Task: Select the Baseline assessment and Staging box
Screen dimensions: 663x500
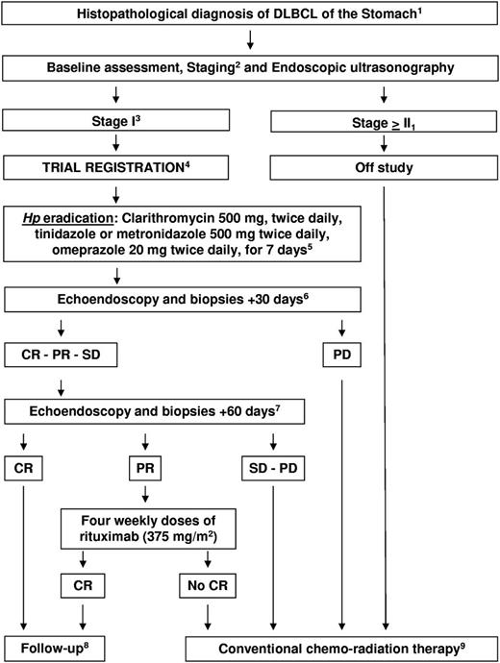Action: pos(250,69)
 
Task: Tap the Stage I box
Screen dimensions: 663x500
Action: pos(117,122)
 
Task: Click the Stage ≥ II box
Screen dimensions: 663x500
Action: pos(382,122)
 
